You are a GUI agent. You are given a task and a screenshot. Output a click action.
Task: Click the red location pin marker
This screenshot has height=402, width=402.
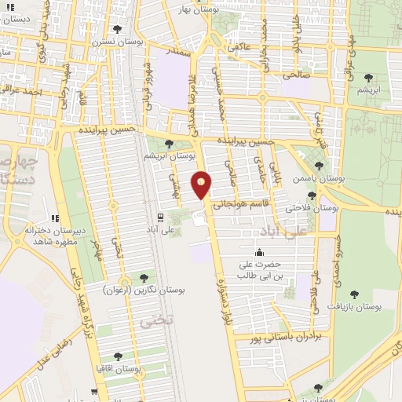point(203,185)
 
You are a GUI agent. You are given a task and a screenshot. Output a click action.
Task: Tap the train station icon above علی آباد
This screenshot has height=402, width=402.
point(160,216)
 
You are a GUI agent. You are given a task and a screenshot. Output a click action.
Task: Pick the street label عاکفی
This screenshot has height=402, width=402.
point(239,46)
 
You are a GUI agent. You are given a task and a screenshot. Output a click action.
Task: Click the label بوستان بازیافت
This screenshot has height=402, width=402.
point(354,307)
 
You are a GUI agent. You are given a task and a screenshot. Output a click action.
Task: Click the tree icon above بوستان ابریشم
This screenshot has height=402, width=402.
point(170,143)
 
